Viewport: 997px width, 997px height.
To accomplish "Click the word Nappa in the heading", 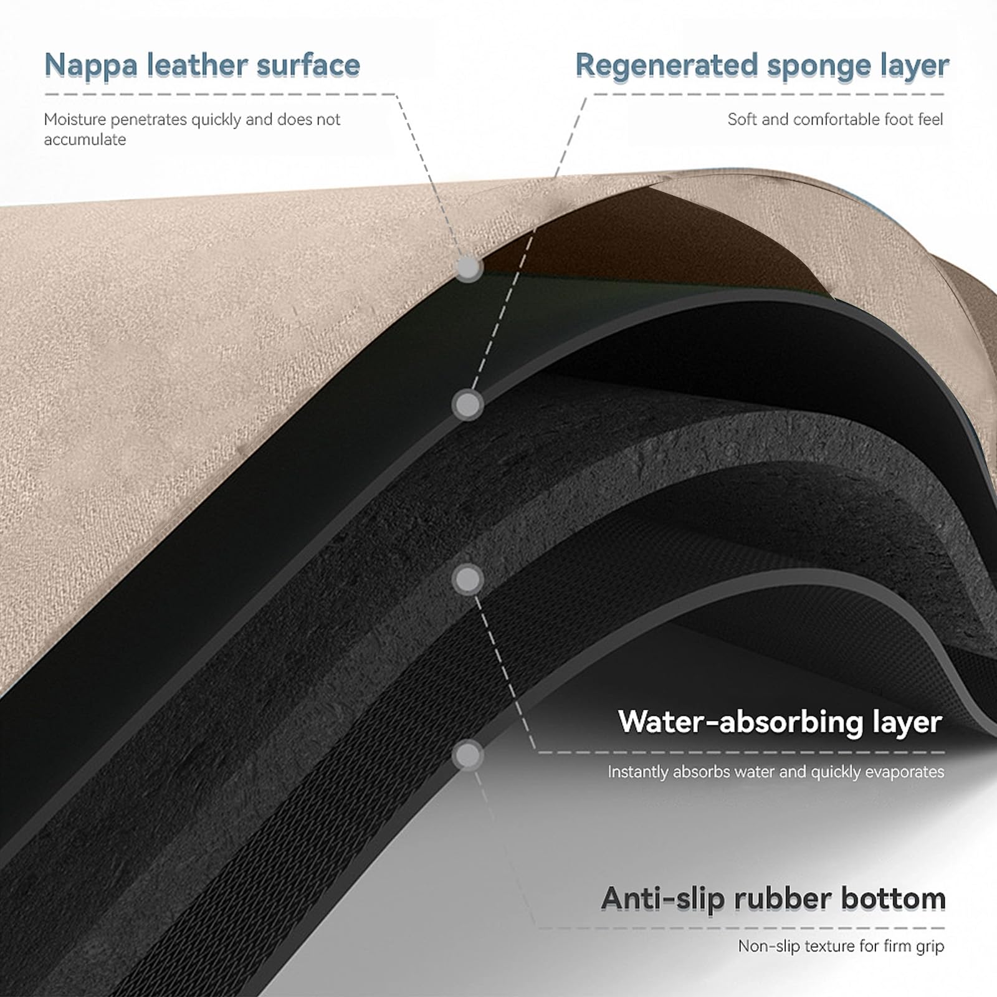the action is click(90, 65).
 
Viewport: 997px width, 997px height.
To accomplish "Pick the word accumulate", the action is click(85, 139).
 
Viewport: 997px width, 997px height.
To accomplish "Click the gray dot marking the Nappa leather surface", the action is click(469, 268).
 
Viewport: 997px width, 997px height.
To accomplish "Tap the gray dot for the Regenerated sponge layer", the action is click(467, 406).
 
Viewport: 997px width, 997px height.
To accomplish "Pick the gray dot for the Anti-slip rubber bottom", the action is click(467, 756).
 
